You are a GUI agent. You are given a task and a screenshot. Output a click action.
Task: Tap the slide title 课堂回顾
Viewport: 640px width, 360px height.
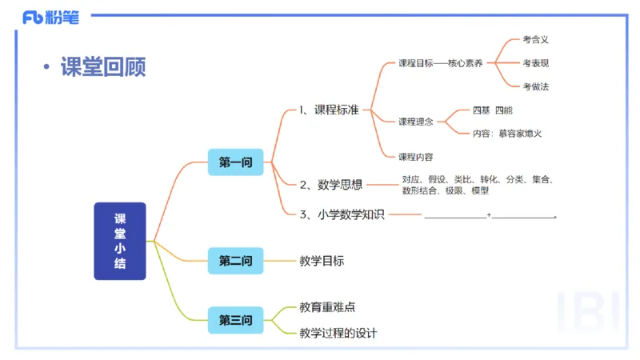103,67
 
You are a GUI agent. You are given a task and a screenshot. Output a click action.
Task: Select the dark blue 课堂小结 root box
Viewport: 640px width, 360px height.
120,241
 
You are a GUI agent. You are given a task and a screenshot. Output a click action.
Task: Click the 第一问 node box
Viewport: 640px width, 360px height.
235,162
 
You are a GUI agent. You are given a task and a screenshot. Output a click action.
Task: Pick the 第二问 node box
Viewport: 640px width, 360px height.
235,261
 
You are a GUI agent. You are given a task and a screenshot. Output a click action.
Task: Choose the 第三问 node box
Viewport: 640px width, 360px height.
235,321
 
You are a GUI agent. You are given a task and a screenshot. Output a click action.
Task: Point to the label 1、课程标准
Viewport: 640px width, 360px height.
329,110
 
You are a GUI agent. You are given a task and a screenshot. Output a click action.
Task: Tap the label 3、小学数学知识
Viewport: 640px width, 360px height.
342,214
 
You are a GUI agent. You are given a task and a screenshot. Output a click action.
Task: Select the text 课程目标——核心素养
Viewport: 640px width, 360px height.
440,63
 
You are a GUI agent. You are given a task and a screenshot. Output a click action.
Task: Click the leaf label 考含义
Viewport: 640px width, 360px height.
535,38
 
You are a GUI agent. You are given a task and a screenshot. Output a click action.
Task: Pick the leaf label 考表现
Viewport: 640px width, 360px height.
535,63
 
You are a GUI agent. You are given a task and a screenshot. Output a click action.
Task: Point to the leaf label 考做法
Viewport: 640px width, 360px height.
535,86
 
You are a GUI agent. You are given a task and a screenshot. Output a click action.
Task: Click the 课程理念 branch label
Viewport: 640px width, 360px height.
416,122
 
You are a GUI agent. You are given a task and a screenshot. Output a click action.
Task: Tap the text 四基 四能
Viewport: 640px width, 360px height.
493,110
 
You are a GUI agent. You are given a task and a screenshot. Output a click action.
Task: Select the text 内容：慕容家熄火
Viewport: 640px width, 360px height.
507,134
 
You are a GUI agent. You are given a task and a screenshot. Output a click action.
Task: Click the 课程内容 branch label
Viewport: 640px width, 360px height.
416,156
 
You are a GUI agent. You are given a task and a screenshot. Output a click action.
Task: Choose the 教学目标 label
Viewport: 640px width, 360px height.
322,261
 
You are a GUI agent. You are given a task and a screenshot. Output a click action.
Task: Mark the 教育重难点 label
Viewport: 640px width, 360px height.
326,307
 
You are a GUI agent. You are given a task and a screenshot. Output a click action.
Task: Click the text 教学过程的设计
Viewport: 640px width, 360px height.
338,333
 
